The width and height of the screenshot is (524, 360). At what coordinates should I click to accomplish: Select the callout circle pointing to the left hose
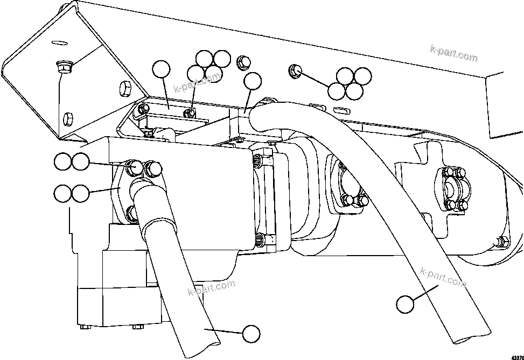[x=250, y=334]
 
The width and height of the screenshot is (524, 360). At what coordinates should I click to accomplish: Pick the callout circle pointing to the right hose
[x=405, y=305]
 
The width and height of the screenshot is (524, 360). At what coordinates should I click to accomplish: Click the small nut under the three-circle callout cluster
[x=188, y=112]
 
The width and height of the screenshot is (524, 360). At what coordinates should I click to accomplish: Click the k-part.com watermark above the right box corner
[x=453, y=52]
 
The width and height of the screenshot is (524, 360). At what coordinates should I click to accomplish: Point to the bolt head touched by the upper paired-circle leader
[x=135, y=167]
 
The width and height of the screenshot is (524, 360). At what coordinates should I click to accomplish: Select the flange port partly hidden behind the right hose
[x=347, y=188]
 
